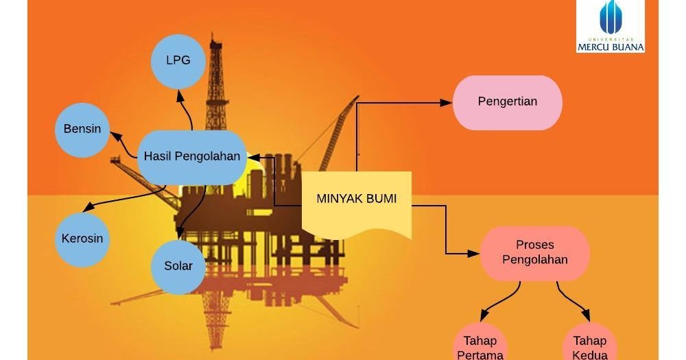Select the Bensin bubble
[x=82, y=129]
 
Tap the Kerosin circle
[x=82, y=239]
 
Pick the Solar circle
[x=178, y=266]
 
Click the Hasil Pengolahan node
[x=192, y=157]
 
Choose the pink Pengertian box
[x=508, y=102]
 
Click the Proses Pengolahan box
[x=535, y=252]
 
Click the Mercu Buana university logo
[x=610, y=26]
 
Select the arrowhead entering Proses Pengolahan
[x=474, y=253]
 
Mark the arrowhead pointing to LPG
[x=180, y=95]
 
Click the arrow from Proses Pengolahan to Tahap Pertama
[x=501, y=302]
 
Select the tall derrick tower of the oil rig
[x=217, y=82]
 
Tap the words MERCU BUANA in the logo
[x=610, y=47]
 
